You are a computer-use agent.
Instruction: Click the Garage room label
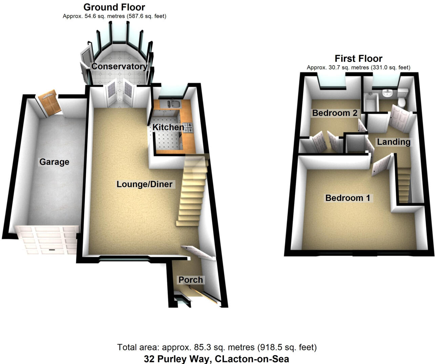click(54, 162)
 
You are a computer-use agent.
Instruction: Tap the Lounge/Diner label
click(145, 184)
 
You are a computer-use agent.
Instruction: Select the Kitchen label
click(168, 127)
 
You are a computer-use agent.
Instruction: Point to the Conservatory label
click(119, 66)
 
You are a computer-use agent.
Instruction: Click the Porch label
click(191, 280)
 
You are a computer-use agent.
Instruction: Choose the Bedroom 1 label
click(348, 198)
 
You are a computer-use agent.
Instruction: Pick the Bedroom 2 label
click(335, 113)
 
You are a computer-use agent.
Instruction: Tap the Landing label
click(394, 142)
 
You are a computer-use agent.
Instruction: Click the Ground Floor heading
click(114, 7)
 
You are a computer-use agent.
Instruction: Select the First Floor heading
click(358, 59)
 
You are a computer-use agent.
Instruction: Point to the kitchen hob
click(188, 128)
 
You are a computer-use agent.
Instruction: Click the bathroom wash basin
click(387, 93)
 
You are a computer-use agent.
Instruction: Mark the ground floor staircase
click(192, 193)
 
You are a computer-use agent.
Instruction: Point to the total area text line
click(217, 347)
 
